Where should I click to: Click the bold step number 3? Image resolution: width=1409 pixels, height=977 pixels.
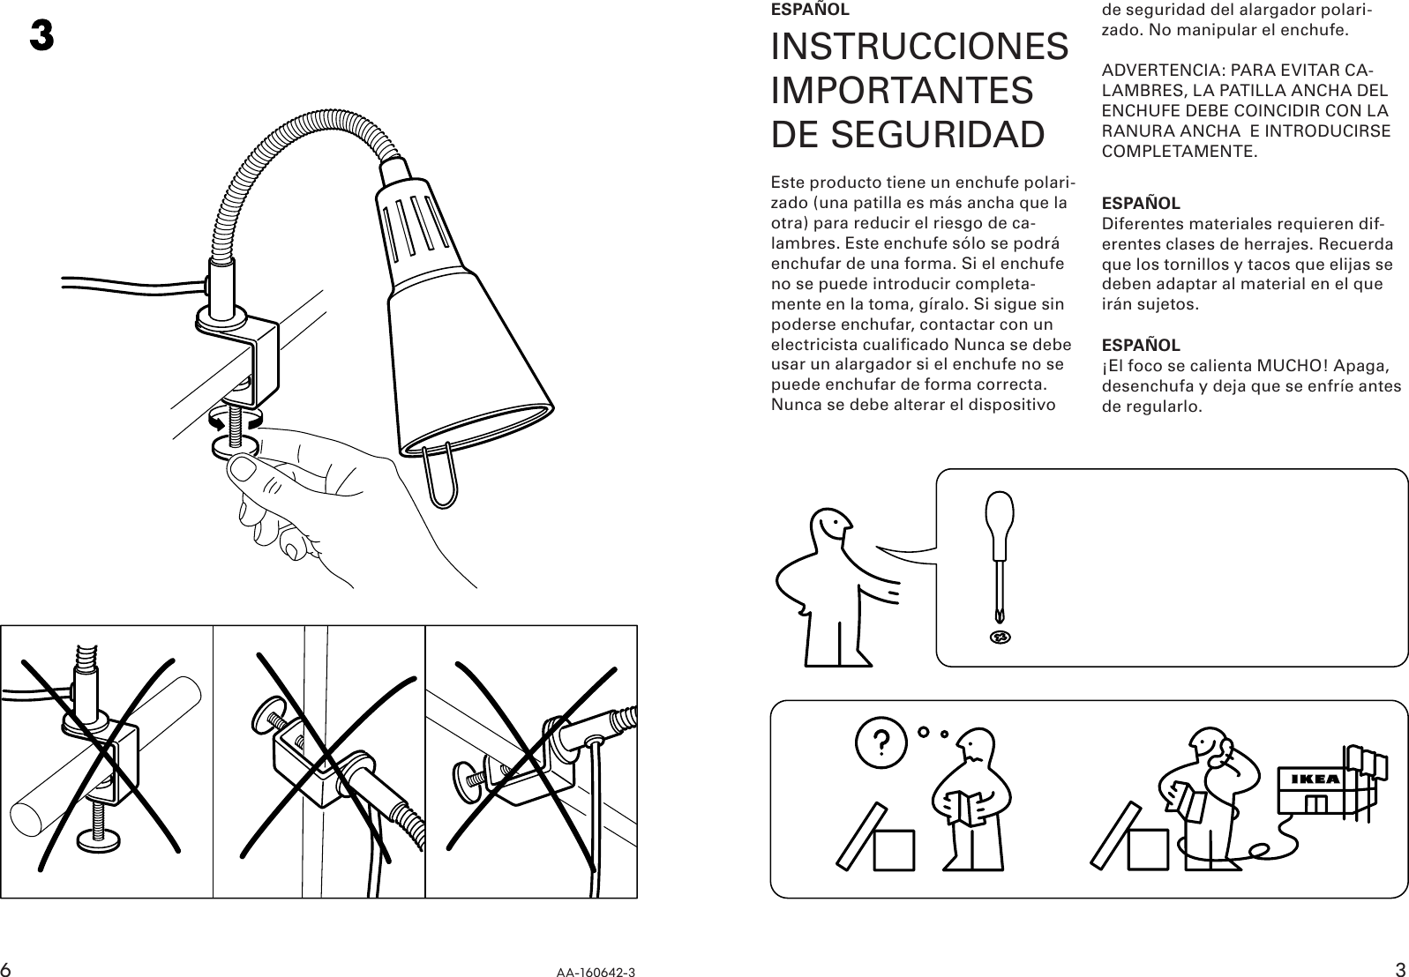pos(41,37)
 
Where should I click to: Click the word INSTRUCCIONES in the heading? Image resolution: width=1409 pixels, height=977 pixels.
pos(919,47)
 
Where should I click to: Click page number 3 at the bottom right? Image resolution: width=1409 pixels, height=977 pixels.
pos(1400,968)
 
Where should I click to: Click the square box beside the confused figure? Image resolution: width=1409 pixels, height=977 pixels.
pos(892,849)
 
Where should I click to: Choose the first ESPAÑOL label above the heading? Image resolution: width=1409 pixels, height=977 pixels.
pos(810,11)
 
